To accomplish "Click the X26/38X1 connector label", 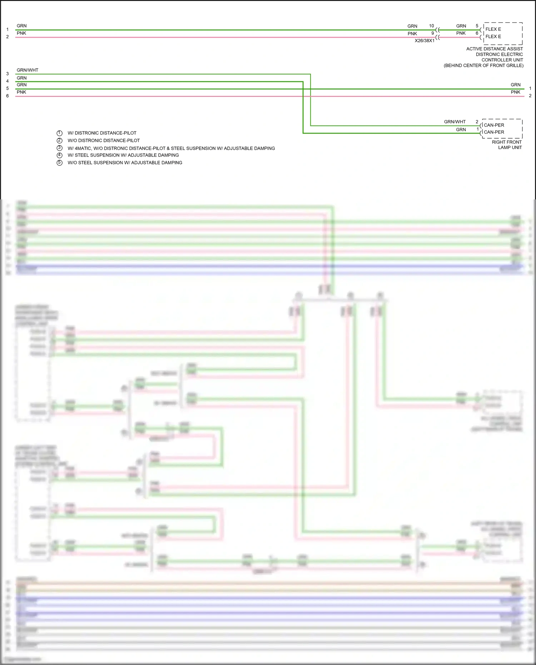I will (425, 41).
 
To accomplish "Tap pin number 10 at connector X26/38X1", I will (431, 26).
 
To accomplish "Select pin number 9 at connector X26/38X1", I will (432, 33).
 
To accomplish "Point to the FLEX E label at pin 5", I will (493, 29).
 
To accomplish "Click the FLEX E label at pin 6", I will (493, 36).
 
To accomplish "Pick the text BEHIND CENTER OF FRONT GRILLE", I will (483, 65).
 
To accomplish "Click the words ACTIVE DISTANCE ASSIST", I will (494, 49).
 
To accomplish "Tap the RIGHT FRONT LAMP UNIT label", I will (507, 145).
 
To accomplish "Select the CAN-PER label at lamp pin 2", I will (494, 125).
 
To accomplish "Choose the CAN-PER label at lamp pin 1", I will (494, 132).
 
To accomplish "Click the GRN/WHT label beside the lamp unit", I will (455, 122).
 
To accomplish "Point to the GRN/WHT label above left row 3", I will (28, 70).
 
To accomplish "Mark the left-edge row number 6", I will (8, 96).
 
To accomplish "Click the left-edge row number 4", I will (8, 81).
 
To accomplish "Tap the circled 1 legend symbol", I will (60, 133).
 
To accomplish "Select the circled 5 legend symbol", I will (60, 163).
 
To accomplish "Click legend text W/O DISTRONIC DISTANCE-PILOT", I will (104, 140).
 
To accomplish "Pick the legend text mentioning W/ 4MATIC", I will (171, 148).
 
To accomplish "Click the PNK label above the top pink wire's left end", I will (21, 33).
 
